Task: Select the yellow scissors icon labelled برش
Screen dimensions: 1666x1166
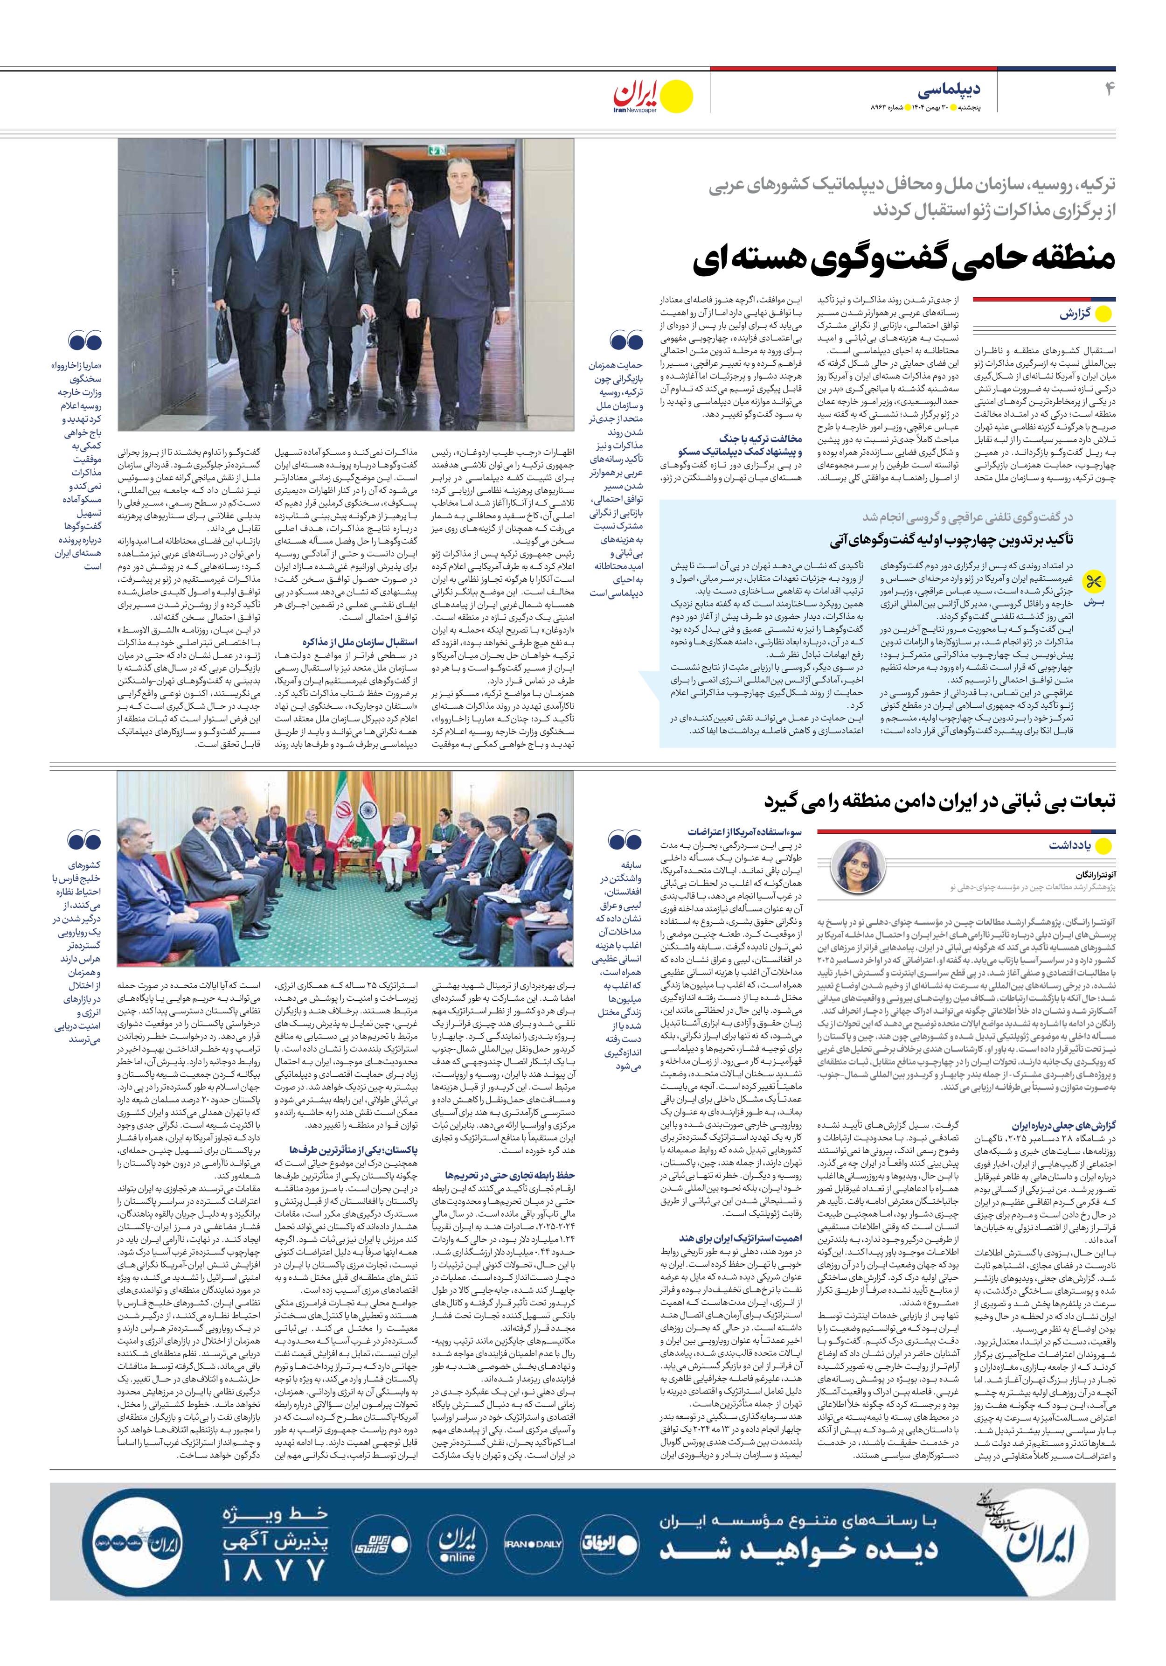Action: (x=1093, y=581)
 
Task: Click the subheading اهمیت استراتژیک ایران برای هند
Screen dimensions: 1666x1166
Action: (x=740, y=1238)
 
